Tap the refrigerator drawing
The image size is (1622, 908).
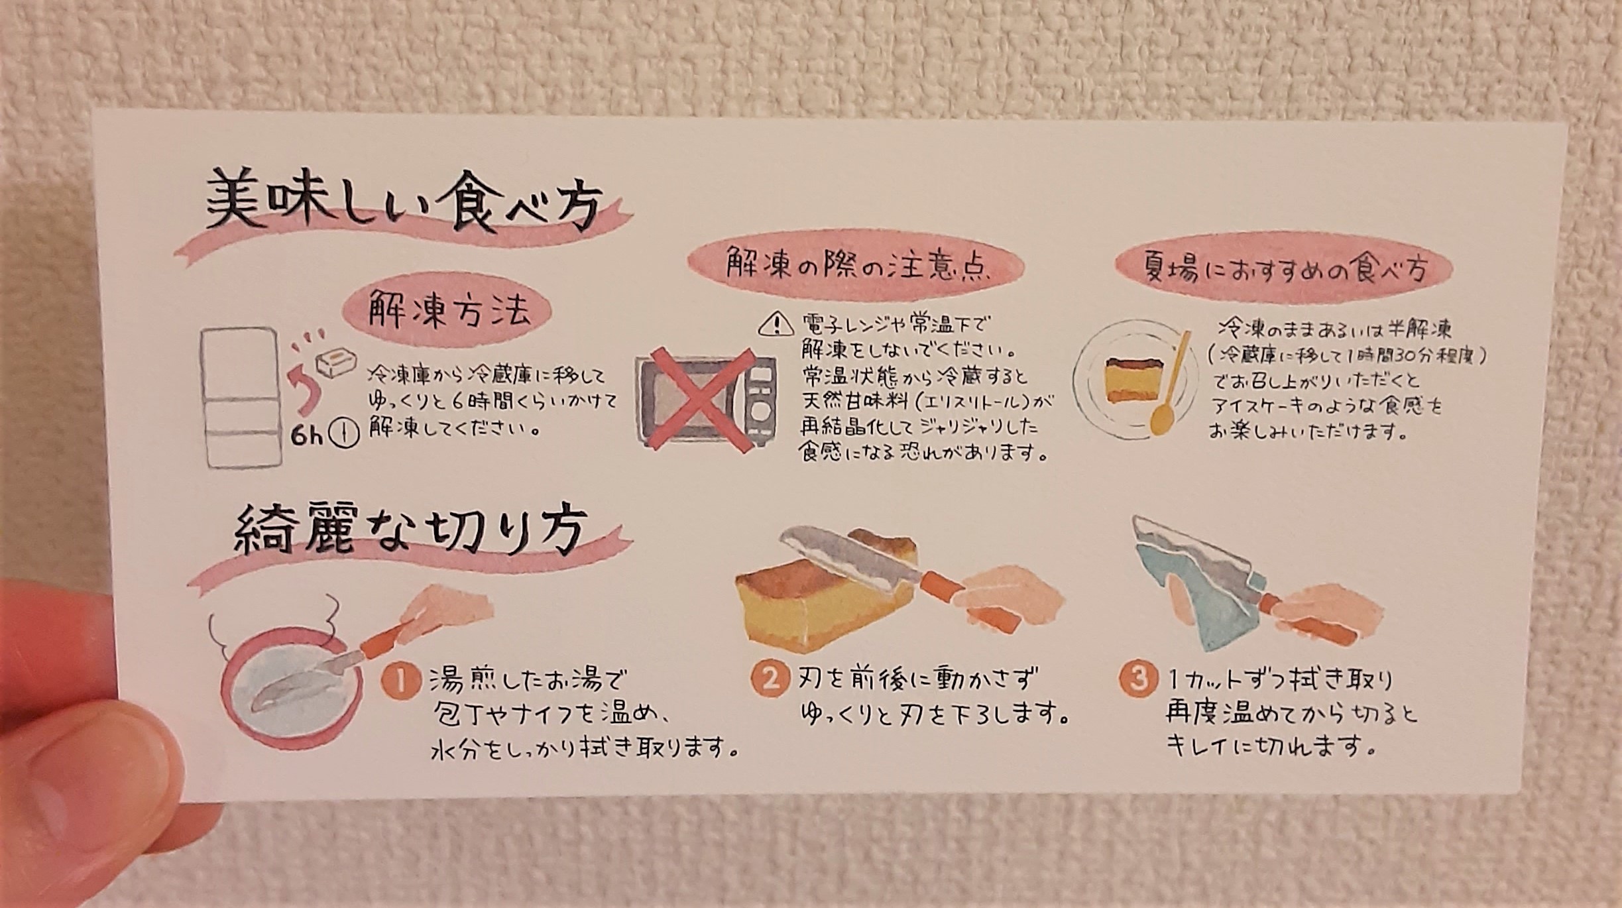click(242, 396)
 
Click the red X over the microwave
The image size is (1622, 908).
click(703, 400)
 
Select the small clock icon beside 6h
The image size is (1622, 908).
click(349, 435)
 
